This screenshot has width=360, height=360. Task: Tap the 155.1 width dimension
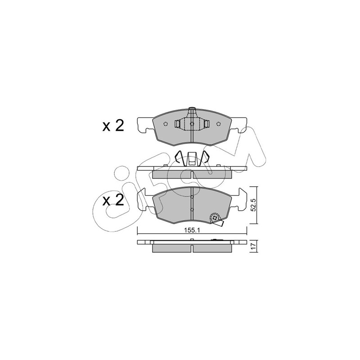(192, 231)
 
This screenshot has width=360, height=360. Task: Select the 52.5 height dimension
(253, 205)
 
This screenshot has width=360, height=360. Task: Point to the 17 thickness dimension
(253, 246)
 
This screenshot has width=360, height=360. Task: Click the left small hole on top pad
(166, 124)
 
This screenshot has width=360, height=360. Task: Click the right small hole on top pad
(218, 124)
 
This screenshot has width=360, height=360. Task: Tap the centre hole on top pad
(192, 124)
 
